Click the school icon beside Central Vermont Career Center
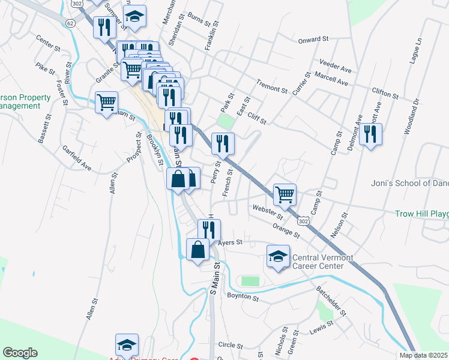click(x=278, y=257)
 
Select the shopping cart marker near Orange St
click(x=284, y=194)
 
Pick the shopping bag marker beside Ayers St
click(x=197, y=249)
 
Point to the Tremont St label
click(x=272, y=86)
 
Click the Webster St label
click(x=268, y=211)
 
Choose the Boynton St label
click(x=243, y=296)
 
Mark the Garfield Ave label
click(x=76, y=158)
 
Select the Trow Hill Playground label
click(x=421, y=214)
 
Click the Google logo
click(x=20, y=352)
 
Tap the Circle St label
click(x=231, y=345)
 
